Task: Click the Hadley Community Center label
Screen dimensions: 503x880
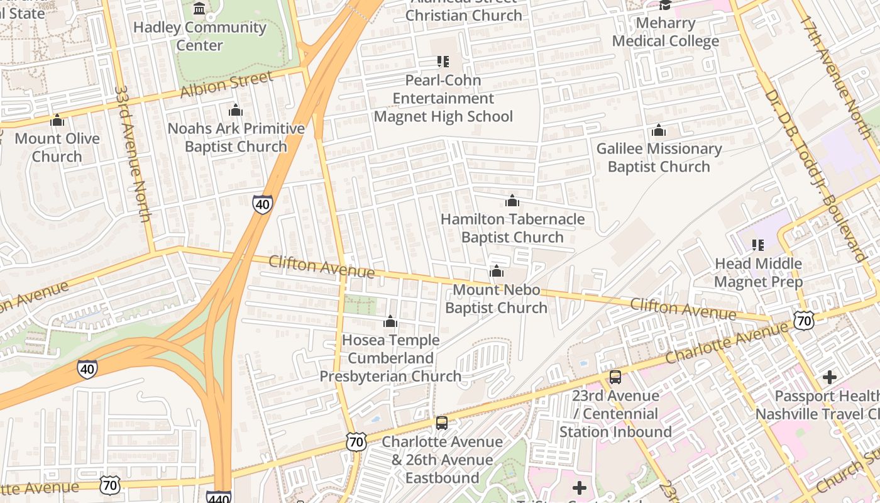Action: (x=200, y=36)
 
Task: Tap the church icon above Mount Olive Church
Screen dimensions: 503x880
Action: (x=57, y=120)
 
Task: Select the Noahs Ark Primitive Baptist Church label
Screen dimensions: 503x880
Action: (x=236, y=138)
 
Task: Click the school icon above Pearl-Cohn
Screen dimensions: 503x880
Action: (x=443, y=62)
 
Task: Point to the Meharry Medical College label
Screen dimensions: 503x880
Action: (x=665, y=33)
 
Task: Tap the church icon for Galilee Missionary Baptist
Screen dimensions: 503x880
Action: (x=659, y=131)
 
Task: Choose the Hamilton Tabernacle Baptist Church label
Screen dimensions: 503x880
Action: (x=512, y=228)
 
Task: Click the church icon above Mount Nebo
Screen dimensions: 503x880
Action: (x=497, y=272)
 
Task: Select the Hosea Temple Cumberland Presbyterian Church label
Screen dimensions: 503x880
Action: (x=390, y=358)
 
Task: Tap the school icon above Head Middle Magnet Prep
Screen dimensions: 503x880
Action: (x=758, y=245)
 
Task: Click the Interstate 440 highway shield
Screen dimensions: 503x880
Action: (x=218, y=497)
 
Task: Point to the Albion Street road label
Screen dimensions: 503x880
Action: (x=226, y=84)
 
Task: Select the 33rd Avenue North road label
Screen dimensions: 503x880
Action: (x=133, y=153)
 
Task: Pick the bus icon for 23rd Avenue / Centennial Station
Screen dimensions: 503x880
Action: (x=615, y=377)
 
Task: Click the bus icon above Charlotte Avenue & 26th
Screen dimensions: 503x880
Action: (x=442, y=423)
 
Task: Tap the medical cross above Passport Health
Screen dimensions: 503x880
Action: (x=830, y=377)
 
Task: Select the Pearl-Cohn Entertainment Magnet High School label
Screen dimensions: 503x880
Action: (x=443, y=99)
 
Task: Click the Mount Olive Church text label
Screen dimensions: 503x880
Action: (x=57, y=147)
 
